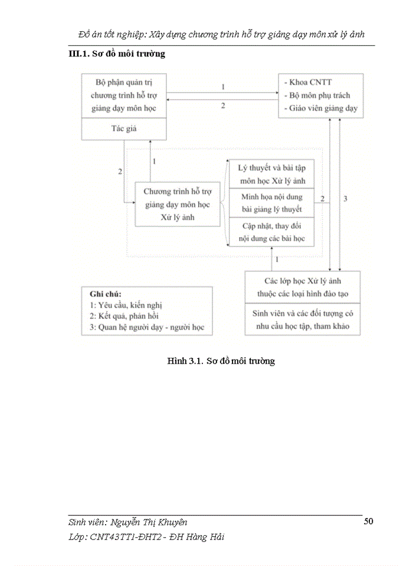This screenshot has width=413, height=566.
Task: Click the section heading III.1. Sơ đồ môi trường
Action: click(x=117, y=54)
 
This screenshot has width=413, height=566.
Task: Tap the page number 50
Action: click(x=368, y=521)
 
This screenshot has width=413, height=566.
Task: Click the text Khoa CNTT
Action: click(x=307, y=83)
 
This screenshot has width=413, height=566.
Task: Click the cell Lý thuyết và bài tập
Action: click(x=271, y=174)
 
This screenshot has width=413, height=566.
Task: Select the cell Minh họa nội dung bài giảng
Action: click(x=271, y=203)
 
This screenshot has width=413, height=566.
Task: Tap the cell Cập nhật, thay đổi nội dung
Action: click(x=271, y=232)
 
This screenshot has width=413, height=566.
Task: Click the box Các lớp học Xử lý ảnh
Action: click(x=302, y=287)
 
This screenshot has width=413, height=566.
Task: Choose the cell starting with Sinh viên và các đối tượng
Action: click(x=302, y=320)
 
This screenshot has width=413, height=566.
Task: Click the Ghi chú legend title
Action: click(x=105, y=294)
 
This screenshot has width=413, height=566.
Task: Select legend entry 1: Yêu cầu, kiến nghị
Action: click(x=124, y=305)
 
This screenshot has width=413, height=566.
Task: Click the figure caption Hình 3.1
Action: click(x=221, y=361)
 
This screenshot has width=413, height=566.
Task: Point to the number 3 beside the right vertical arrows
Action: click(x=345, y=199)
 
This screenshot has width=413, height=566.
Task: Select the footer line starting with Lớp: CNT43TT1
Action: click(x=146, y=537)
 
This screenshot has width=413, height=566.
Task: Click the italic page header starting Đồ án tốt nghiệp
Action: click(x=221, y=34)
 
